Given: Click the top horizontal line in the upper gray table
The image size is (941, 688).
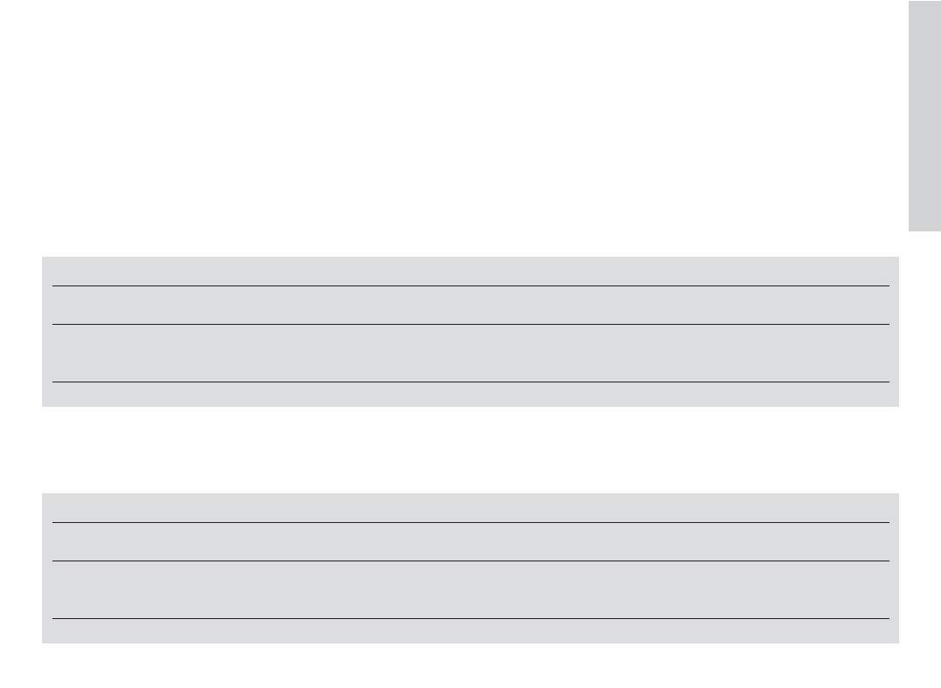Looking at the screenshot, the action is tap(470, 286).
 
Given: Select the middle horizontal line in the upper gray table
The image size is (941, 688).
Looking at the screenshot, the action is tap(470, 325).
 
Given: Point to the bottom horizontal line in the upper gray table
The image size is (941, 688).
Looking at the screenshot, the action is tap(470, 382).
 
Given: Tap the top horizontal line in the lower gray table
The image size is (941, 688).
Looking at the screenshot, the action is tap(470, 522).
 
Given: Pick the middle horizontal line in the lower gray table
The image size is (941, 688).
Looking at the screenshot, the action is tap(470, 561).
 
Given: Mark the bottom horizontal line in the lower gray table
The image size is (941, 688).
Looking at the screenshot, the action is tap(470, 618).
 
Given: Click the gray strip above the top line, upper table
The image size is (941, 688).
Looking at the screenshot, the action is tap(470, 271).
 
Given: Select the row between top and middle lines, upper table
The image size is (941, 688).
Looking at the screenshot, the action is tap(470, 306).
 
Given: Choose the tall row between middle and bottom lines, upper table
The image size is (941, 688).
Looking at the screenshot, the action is tap(470, 354).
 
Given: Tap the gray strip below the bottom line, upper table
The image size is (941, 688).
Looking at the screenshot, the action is tap(470, 395).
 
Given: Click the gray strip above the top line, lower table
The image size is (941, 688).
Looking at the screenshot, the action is tap(470, 507).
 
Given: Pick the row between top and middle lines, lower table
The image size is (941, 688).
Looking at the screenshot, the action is tap(470, 541).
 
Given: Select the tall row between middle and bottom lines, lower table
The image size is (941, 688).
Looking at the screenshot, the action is tap(470, 589).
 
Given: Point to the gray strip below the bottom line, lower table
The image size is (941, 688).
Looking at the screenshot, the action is tap(470, 631).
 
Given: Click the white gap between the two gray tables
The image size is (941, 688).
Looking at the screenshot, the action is tap(470, 450).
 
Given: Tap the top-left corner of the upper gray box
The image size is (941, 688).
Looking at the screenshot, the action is tap(43, 258).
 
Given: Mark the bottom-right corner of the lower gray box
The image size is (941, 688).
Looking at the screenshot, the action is tap(897, 643).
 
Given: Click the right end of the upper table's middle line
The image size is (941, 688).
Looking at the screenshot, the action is tap(888, 325).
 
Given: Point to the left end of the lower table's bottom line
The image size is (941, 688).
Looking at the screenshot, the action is tap(53, 618).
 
